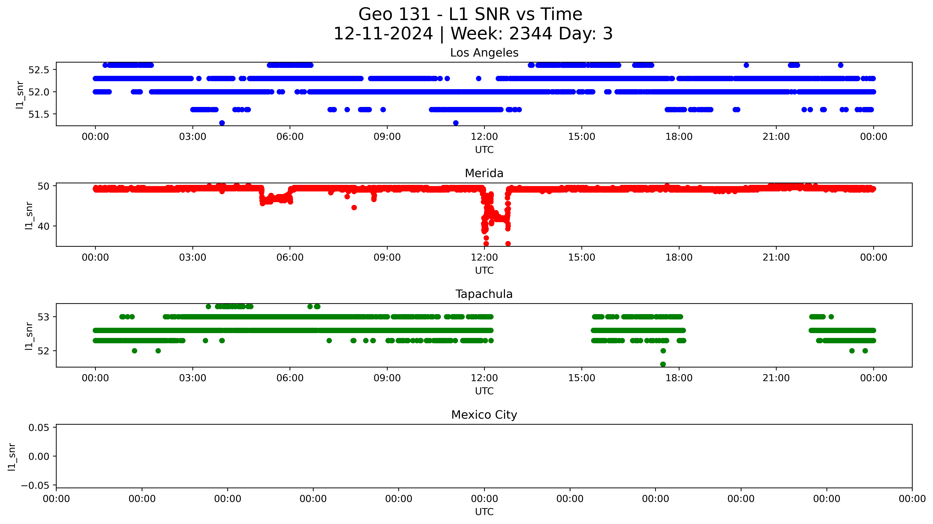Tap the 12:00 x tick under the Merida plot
(484, 257)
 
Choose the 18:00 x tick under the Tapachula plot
(679, 378)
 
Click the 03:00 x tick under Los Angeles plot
(193, 137)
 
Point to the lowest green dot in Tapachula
(663, 364)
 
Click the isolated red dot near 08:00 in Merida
(354, 207)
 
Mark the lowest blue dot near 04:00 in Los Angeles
(222, 123)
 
